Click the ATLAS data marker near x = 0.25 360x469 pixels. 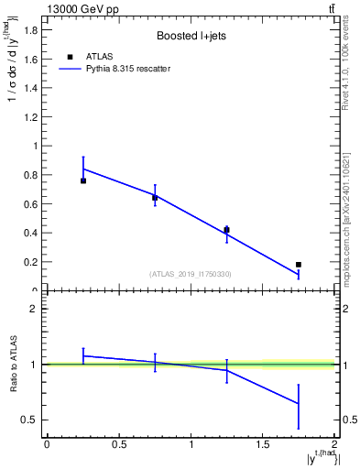coord(83,180)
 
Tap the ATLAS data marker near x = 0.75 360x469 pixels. coord(155,198)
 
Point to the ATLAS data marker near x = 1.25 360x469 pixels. coord(226,230)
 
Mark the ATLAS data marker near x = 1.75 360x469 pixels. coord(299,265)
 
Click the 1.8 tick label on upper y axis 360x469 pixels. coord(30,29)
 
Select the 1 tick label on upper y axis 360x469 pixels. coord(35,146)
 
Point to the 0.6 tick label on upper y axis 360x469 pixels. coord(30,203)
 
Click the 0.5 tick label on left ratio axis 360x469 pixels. coord(30,420)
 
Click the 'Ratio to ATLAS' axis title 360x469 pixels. coord(14,365)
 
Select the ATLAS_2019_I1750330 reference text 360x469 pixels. coord(191,274)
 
